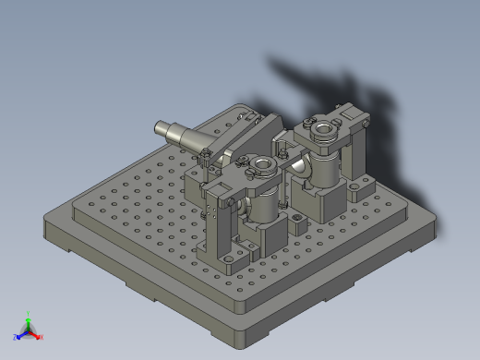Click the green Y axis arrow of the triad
(29, 317)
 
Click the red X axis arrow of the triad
(39, 336)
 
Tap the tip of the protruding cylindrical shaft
(160, 130)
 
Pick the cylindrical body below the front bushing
(261, 207)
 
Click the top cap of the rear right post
(355, 114)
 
